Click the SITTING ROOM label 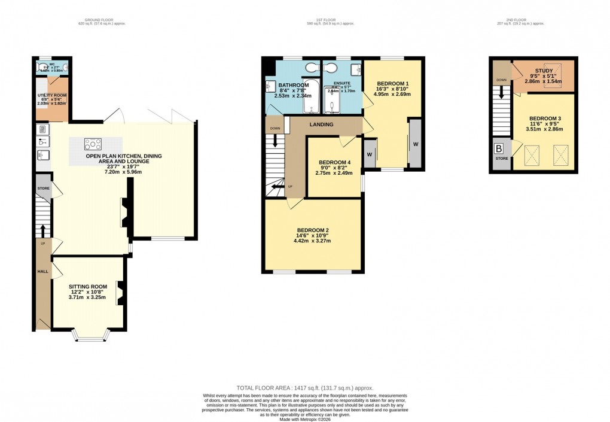point(87,287)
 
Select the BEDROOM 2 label point(313,230)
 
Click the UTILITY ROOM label point(51,95)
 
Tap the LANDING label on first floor point(321,125)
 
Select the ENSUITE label point(342,83)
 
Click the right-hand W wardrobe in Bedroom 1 point(414,144)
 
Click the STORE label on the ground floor point(43,188)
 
